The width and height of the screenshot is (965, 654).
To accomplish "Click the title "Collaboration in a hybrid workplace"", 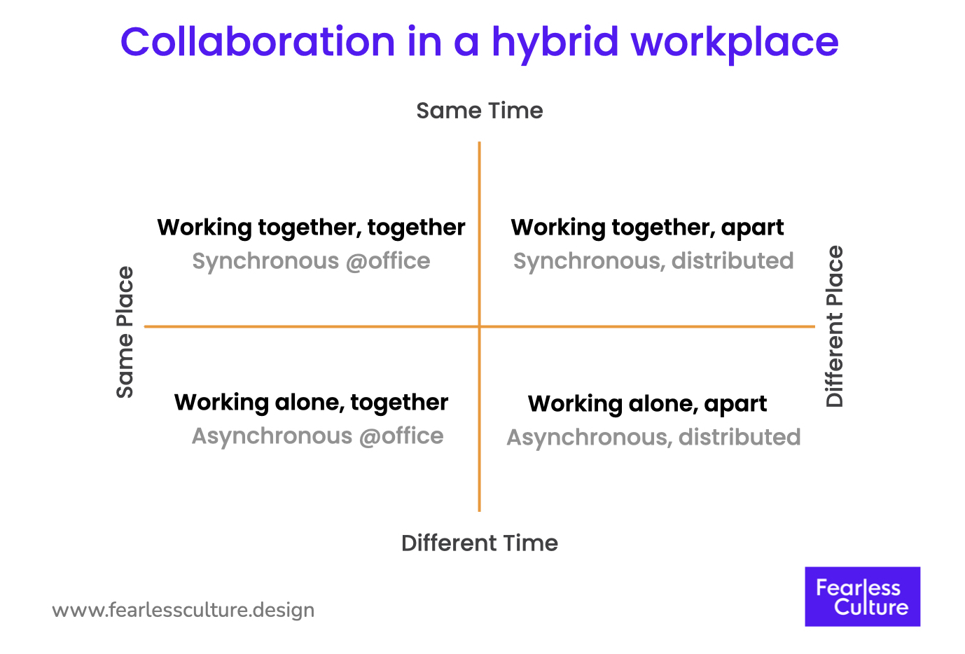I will [x=480, y=42].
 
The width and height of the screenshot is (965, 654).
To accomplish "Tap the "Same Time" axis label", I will [x=480, y=111].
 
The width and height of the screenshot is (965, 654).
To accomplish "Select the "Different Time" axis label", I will [x=480, y=543].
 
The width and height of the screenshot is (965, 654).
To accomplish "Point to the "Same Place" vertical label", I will [x=125, y=332].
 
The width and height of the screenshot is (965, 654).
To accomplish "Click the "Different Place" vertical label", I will [x=834, y=326].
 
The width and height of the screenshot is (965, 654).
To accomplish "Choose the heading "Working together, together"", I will [x=311, y=228].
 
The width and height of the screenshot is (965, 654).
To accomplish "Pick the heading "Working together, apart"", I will [x=647, y=228].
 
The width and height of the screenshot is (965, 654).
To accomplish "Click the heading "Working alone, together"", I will [x=311, y=403].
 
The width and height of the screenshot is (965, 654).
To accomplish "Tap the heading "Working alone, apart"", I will [x=647, y=404].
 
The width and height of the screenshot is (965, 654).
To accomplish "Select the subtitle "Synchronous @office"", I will [x=311, y=261].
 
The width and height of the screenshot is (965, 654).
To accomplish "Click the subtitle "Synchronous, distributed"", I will [x=653, y=261].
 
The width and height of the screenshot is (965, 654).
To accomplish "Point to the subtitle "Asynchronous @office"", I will [x=317, y=436].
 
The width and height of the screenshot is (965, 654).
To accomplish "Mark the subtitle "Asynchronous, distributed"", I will [x=653, y=438].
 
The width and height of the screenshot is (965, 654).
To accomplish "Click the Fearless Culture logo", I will [x=862, y=597].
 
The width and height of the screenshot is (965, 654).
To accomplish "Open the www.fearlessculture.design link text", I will [x=183, y=610].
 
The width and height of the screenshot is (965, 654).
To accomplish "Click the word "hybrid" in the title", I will [x=555, y=42].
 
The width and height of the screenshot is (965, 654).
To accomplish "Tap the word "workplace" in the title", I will [x=735, y=42].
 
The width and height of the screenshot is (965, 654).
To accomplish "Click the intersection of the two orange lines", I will [x=480, y=326].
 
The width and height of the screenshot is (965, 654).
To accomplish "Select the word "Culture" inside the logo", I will [x=871, y=607].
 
